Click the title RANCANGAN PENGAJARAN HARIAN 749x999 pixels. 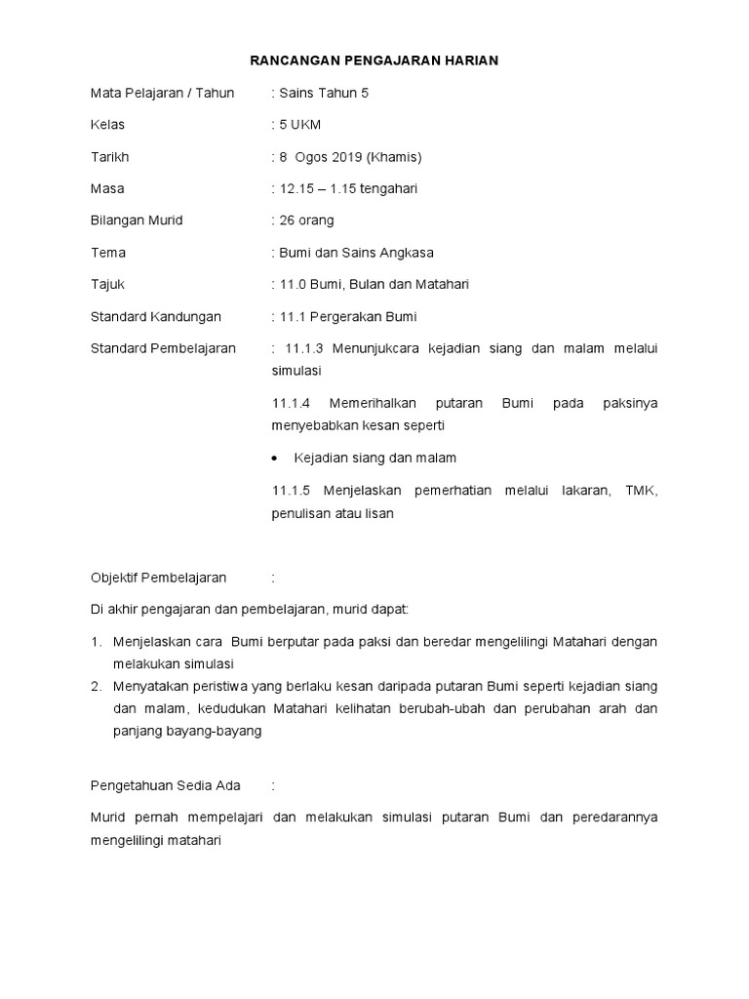[374, 60]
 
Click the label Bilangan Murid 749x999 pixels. [137, 220]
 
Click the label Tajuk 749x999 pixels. [107, 285]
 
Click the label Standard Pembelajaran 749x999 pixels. [163, 348]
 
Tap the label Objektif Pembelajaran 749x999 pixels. [158, 578]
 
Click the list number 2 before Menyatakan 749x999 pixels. [97, 686]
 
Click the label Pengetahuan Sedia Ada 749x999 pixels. [165, 784]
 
